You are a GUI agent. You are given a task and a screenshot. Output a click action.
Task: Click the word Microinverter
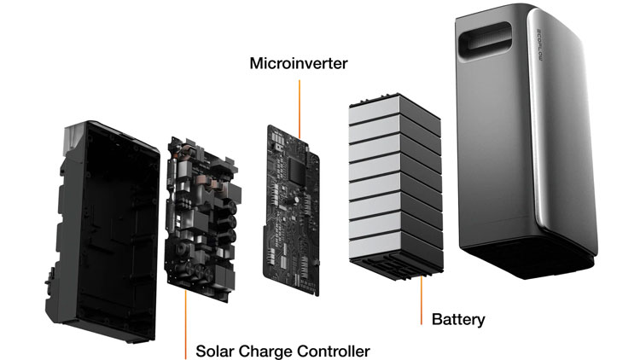[299, 63]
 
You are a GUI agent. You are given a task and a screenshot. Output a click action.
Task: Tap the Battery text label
[458, 321]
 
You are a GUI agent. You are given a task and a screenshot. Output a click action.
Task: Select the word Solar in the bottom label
[215, 351]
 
